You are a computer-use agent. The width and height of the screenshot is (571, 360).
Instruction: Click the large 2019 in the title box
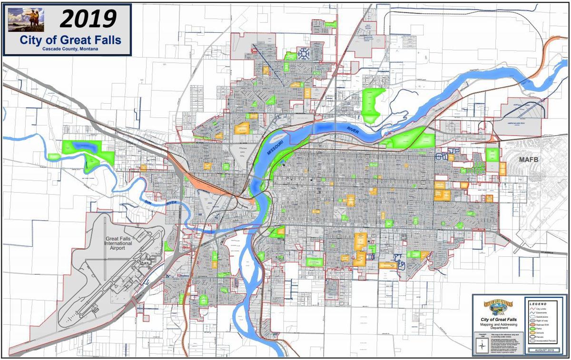(x=88, y=19)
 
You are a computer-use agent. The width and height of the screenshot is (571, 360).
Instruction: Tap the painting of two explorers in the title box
(x=26, y=19)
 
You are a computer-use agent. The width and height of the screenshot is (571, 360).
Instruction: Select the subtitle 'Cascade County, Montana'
(x=70, y=49)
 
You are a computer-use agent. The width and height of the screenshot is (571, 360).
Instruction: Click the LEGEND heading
(x=538, y=303)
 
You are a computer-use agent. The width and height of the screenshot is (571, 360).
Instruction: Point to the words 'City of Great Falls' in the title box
(x=70, y=40)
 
